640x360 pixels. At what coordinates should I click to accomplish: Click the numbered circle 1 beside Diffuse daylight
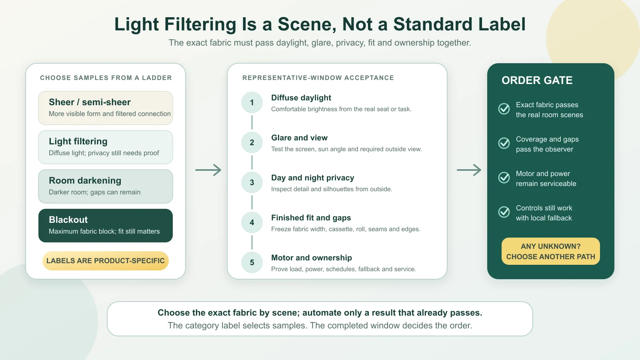(x=252, y=102)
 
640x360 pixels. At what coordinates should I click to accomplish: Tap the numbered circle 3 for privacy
(x=252, y=182)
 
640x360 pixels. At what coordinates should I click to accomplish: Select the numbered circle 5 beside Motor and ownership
(x=252, y=262)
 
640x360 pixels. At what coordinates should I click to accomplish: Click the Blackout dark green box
(x=106, y=226)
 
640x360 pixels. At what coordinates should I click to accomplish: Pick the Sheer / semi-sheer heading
(x=90, y=102)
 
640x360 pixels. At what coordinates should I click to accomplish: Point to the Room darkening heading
(x=85, y=180)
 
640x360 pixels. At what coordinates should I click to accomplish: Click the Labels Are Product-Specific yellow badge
(x=106, y=260)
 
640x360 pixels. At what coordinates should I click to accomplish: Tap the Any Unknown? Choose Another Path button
(x=550, y=251)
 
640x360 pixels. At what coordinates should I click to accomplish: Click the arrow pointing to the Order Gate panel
(x=469, y=170)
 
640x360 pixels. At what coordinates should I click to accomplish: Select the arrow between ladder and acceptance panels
(x=208, y=170)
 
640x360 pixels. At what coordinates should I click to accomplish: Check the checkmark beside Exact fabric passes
(x=504, y=109)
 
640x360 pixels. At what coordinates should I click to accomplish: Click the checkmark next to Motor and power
(x=504, y=178)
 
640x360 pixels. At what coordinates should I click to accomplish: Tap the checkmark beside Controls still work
(x=504, y=212)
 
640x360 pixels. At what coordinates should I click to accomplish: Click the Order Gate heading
(x=537, y=80)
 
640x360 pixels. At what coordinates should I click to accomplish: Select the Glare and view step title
(x=299, y=138)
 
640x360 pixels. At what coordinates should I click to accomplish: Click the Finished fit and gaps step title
(x=311, y=218)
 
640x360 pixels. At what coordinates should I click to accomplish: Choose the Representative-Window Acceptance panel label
(x=318, y=78)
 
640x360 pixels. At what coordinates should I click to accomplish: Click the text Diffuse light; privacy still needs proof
(x=104, y=153)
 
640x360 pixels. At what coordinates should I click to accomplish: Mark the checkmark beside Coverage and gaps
(x=504, y=143)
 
